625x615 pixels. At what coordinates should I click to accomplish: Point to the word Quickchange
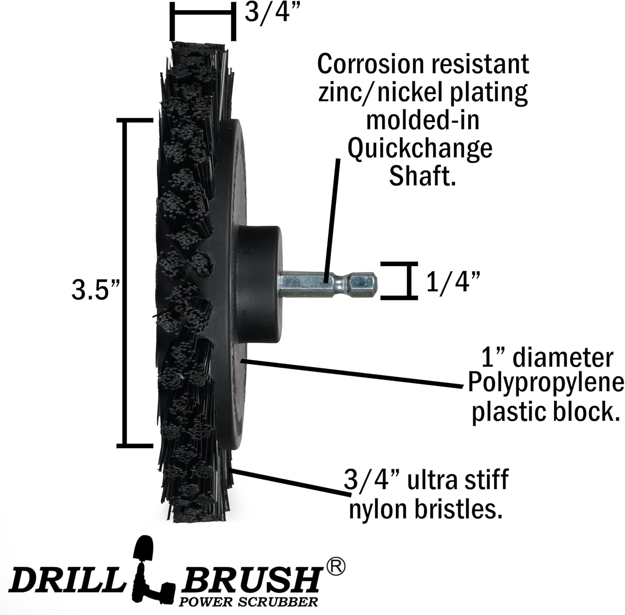point(420,149)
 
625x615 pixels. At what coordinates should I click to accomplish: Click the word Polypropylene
point(546,383)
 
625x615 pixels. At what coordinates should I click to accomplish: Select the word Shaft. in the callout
point(421,177)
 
